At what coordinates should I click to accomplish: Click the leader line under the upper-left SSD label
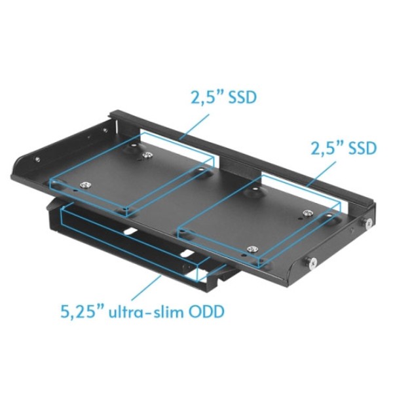pyautogui.click(x=195, y=126)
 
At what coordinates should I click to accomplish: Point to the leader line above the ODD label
pyautogui.click(x=146, y=288)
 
